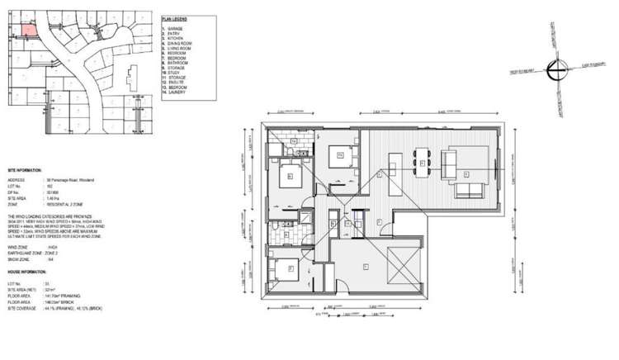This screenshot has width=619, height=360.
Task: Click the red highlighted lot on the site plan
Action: [27, 29]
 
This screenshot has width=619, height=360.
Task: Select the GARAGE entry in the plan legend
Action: [177, 28]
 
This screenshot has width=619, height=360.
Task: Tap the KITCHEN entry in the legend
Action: [177, 38]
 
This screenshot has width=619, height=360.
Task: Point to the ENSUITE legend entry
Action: [177, 82]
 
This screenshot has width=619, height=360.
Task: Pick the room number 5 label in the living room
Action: [467, 173]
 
